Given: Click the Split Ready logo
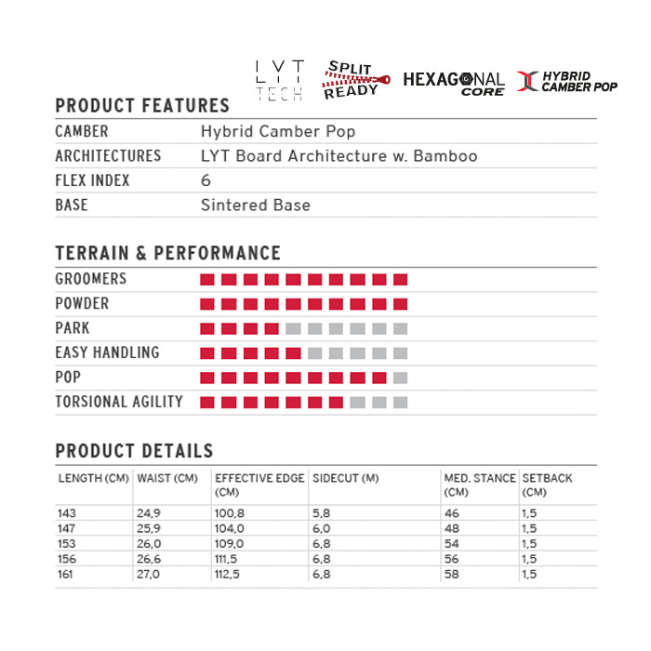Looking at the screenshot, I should (351, 81).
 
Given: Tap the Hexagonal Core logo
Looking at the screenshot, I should (454, 83).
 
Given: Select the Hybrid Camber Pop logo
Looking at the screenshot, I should (567, 81).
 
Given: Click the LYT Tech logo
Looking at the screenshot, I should (280, 81).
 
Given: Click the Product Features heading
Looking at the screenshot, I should (142, 106).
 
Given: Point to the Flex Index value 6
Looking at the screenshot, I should (206, 180).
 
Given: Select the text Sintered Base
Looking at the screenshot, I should (256, 205).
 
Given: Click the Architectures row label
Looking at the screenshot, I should (108, 156).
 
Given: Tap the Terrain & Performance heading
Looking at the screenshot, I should (167, 253).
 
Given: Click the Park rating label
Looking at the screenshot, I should (73, 328).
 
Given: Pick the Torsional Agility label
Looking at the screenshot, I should (119, 402).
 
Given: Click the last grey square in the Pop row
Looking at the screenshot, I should (401, 378).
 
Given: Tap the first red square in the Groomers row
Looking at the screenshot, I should (207, 279).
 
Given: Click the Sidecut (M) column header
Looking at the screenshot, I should (346, 478).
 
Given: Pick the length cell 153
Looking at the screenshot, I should (67, 544).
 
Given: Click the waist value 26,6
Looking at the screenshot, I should (149, 559).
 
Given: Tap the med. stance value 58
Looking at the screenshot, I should (452, 575).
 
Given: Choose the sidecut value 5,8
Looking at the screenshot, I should (321, 513).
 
